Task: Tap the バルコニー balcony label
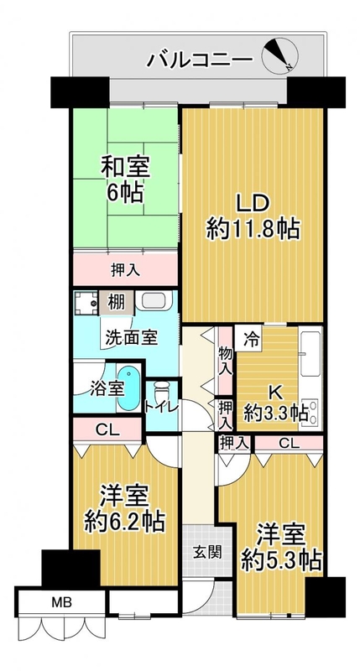click(x=200, y=60)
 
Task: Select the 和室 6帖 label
click(x=125, y=179)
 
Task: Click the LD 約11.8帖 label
click(x=253, y=216)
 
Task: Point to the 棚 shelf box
click(x=116, y=303)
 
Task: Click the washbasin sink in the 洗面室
click(x=154, y=301)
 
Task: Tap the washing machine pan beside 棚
click(x=86, y=303)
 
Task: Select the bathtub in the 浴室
click(x=128, y=388)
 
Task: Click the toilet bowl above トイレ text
click(x=161, y=389)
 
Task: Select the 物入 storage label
click(x=226, y=362)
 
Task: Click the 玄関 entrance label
click(x=206, y=553)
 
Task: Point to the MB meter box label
click(x=61, y=602)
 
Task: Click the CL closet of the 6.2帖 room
click(x=107, y=429)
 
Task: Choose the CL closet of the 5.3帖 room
click(x=289, y=444)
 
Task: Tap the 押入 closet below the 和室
click(x=125, y=269)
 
